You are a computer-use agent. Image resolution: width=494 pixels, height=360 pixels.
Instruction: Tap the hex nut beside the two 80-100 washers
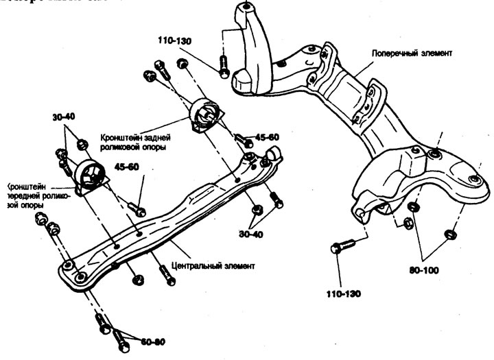pyautogui.click(x=406, y=221)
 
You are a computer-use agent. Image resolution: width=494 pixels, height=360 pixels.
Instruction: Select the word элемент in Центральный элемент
pyautogui.click(x=236, y=265)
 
